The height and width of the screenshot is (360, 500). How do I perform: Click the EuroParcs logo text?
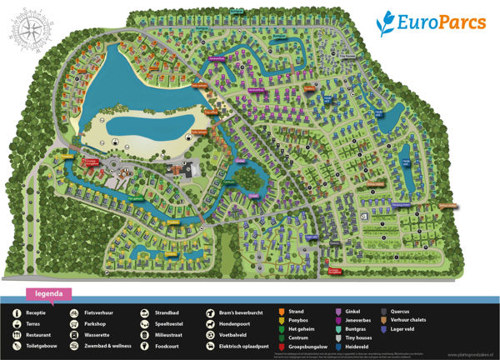(x=442, y=22)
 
